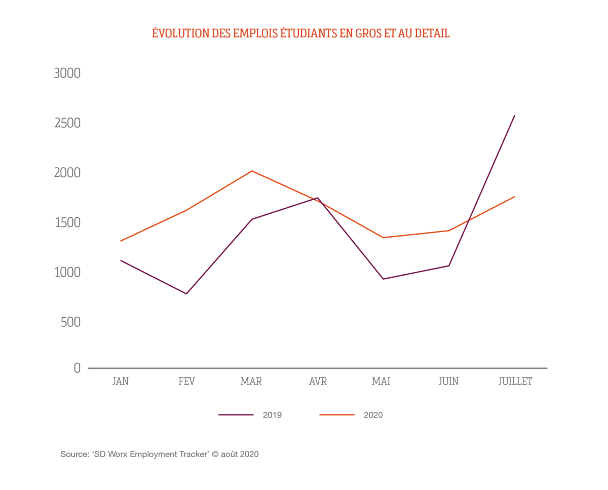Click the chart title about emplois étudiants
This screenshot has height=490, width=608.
[300, 33]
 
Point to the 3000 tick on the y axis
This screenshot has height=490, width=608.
[67, 73]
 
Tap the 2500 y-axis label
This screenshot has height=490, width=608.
[67, 123]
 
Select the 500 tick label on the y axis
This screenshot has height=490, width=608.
[70, 322]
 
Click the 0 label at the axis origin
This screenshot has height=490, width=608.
[77, 368]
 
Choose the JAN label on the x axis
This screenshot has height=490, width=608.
[121, 382]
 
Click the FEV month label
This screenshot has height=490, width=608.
[186, 382]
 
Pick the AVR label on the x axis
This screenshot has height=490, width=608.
[318, 382]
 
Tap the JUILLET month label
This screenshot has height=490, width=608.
[515, 382]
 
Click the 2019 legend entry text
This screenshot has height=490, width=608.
[272, 415]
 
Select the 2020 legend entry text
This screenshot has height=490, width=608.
[373, 415]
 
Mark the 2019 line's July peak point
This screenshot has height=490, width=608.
[515, 116]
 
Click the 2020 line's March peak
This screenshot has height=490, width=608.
[252, 171]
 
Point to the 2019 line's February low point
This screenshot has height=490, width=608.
[186, 294]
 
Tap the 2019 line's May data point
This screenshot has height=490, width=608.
[383, 279]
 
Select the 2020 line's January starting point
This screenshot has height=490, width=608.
[121, 241]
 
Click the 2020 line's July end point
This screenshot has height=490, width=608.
[515, 197]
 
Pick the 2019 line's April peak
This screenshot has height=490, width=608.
[318, 198]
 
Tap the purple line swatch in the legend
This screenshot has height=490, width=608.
[236, 415]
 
